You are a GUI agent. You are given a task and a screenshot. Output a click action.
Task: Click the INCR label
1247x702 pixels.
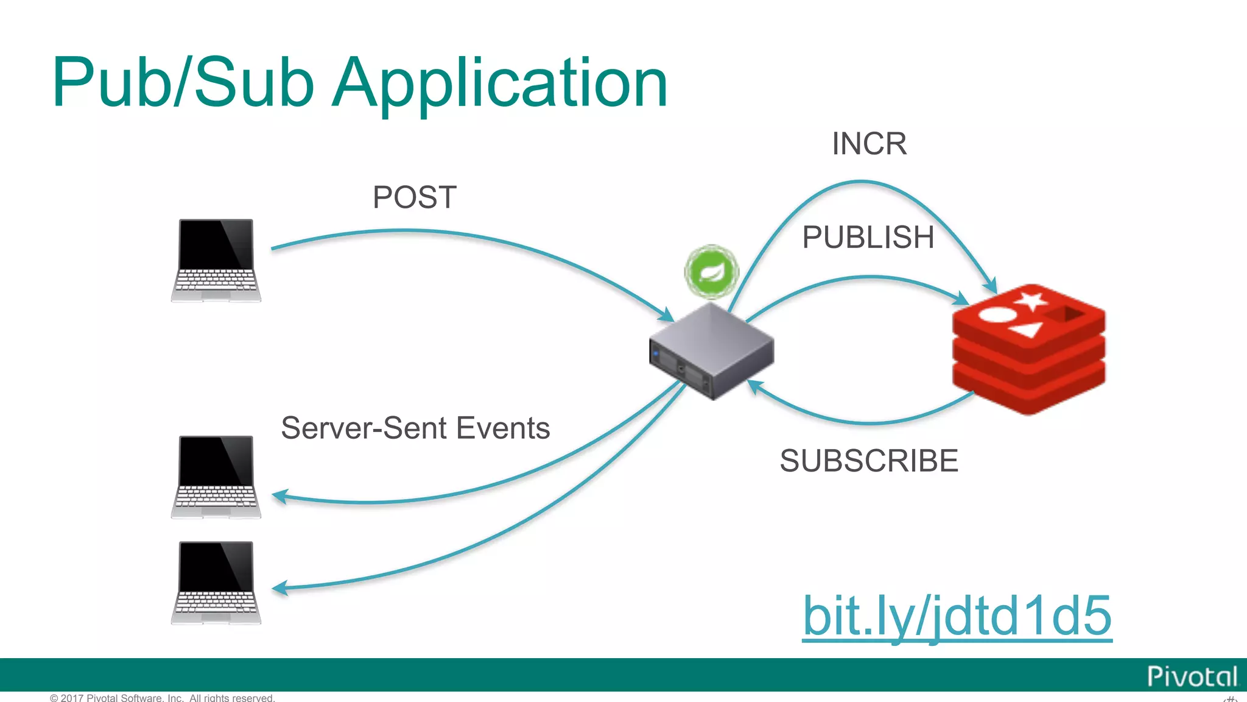pos(869,144)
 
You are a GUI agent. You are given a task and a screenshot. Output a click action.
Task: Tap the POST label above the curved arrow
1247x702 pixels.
pos(414,197)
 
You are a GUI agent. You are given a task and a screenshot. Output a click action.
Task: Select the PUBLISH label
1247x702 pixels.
pos(868,237)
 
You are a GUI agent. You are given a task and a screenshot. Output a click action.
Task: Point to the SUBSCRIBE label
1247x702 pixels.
pos(868,461)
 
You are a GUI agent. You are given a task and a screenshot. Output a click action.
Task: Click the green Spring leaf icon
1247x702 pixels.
pos(711,272)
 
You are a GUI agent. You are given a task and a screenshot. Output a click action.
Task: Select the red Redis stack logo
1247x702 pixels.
pos(1028,350)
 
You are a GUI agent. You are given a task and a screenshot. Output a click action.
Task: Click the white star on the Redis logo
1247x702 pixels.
pos(1030,300)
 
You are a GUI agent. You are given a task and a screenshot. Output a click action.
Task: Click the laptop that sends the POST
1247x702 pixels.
pos(216,260)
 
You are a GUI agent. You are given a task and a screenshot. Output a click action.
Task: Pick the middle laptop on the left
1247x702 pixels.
pos(216,477)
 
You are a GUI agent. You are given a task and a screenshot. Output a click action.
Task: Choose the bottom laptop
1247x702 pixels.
pos(216,583)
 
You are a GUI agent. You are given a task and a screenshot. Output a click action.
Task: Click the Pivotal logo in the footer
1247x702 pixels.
pos(1192,676)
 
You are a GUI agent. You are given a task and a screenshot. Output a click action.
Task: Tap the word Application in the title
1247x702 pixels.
pos(501,83)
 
